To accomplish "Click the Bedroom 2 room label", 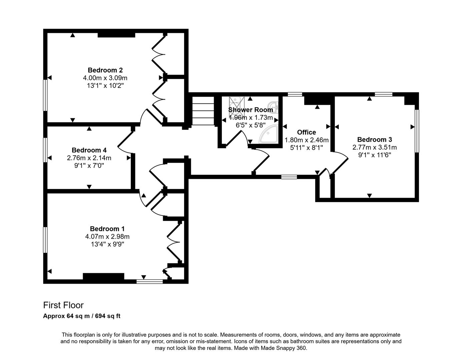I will [x=105, y=70].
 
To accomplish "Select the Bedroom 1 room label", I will [x=107, y=229].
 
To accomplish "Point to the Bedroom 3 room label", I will [x=374, y=140].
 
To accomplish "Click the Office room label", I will [x=306, y=132].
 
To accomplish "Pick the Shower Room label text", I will [x=250, y=110].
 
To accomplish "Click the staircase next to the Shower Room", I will [x=203, y=111].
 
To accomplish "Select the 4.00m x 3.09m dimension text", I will [x=105, y=78].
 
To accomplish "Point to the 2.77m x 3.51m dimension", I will [x=374, y=147].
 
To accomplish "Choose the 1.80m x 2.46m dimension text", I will [x=306, y=140].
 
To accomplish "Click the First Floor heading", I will [x=63, y=305].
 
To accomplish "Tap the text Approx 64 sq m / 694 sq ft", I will [x=82, y=316].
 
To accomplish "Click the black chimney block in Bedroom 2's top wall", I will [x=116, y=35].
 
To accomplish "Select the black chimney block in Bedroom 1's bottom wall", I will [x=103, y=276].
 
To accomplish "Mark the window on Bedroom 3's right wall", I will [x=417, y=131].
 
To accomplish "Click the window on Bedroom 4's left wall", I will [x=45, y=150].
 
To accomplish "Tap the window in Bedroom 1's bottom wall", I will [x=150, y=282].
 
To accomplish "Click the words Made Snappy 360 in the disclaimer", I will [x=287, y=348].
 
